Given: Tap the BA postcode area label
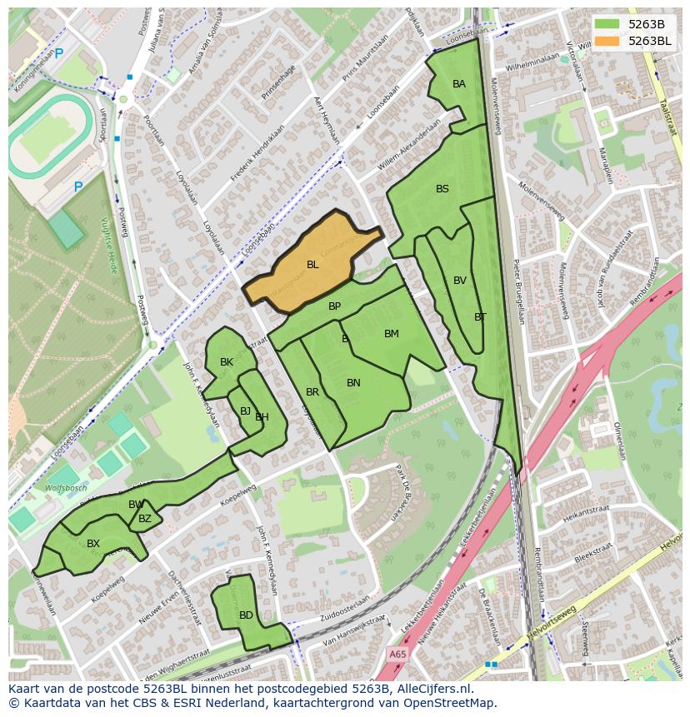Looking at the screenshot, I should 459,84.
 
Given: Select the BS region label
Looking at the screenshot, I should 442,189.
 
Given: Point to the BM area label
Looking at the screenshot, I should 392,334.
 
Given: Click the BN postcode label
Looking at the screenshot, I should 353,383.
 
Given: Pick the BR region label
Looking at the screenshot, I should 312,392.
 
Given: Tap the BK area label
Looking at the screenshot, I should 227,362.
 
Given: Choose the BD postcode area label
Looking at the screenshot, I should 246,615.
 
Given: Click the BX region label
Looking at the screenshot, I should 93,544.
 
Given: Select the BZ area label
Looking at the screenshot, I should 145,519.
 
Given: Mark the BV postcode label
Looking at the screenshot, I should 460,281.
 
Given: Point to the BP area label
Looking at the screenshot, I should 334,306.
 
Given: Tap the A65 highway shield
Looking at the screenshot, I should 398,655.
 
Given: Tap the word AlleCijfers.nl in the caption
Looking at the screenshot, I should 432,690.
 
